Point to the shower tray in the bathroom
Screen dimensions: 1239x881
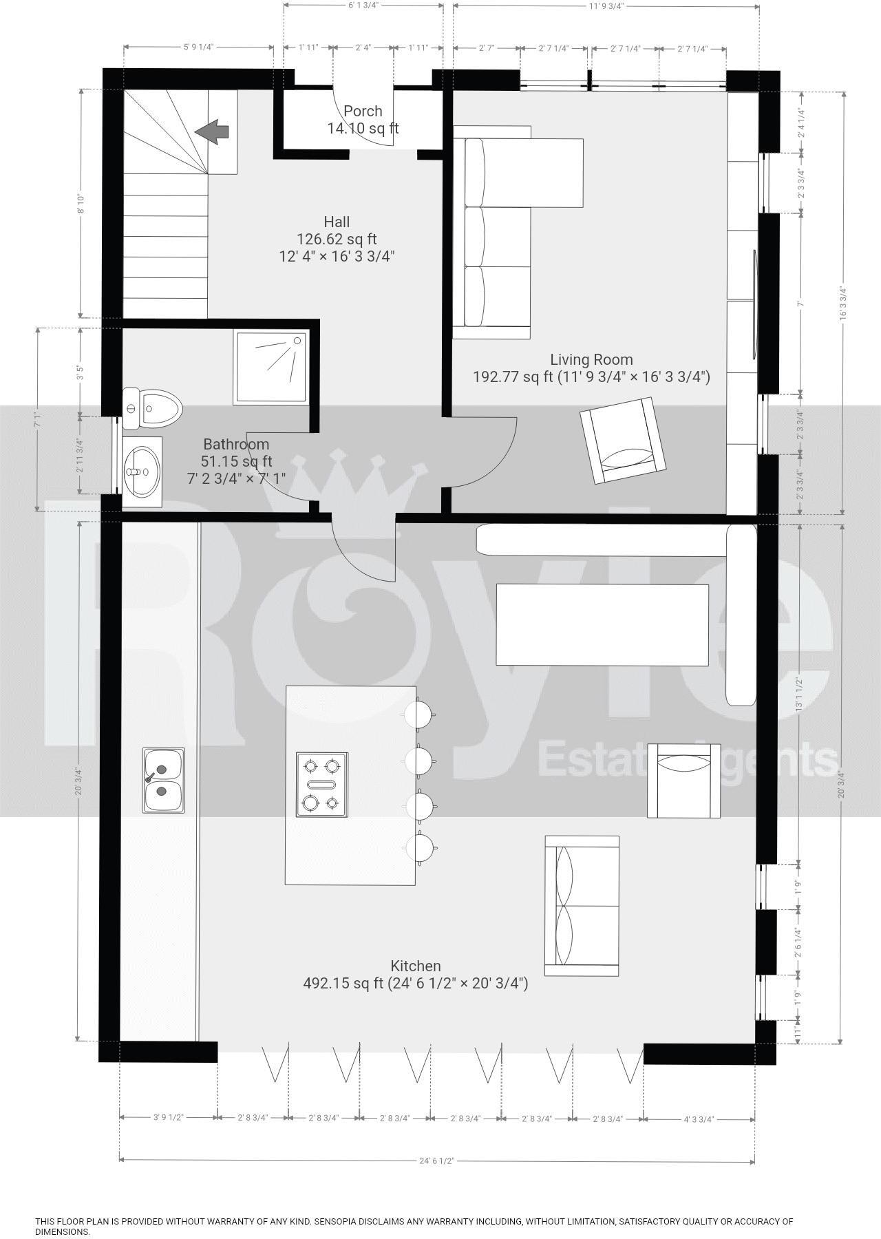tap(270, 367)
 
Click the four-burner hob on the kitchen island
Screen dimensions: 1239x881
tap(321, 784)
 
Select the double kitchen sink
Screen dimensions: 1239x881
tap(163, 780)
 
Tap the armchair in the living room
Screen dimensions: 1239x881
tap(623, 440)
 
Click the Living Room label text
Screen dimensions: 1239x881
tap(591, 359)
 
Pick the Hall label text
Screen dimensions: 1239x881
tap(337, 222)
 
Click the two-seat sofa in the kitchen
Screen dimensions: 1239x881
tap(582, 905)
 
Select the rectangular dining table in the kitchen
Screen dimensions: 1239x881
tap(602, 624)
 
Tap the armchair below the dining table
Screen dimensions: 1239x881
tap(683, 781)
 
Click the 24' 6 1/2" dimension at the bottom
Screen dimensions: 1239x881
tap(436, 1161)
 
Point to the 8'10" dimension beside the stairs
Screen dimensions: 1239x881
tap(81, 204)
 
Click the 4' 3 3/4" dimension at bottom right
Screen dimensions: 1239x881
tap(699, 1119)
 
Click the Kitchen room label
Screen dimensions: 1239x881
tap(416, 966)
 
